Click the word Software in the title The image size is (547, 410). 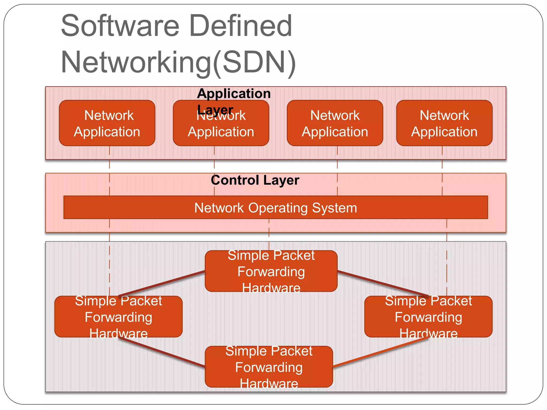coord(120,26)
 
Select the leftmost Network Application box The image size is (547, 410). coord(107,123)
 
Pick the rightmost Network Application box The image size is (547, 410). coord(444,123)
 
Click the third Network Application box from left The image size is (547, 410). coord(335,123)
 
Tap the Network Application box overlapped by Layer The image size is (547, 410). coord(221,128)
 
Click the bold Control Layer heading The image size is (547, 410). coord(255,180)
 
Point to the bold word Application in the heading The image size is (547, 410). coord(234,93)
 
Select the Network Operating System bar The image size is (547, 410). coord(275,208)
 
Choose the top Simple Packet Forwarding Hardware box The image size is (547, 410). coord(271,271)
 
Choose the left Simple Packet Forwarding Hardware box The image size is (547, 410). coord(118,317)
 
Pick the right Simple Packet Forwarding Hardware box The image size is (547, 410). coord(428,317)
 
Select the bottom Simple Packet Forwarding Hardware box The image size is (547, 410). coord(269,367)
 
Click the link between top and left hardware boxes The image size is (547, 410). coord(162,284)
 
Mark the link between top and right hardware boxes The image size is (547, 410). coord(382,283)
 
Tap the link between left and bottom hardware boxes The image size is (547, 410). coord(162,352)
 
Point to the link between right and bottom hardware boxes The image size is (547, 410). coord(381,353)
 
